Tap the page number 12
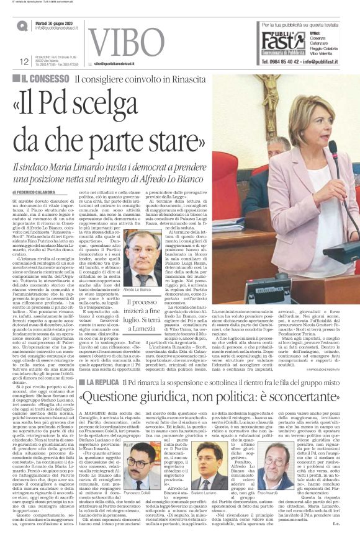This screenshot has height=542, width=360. coord(25,61)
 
